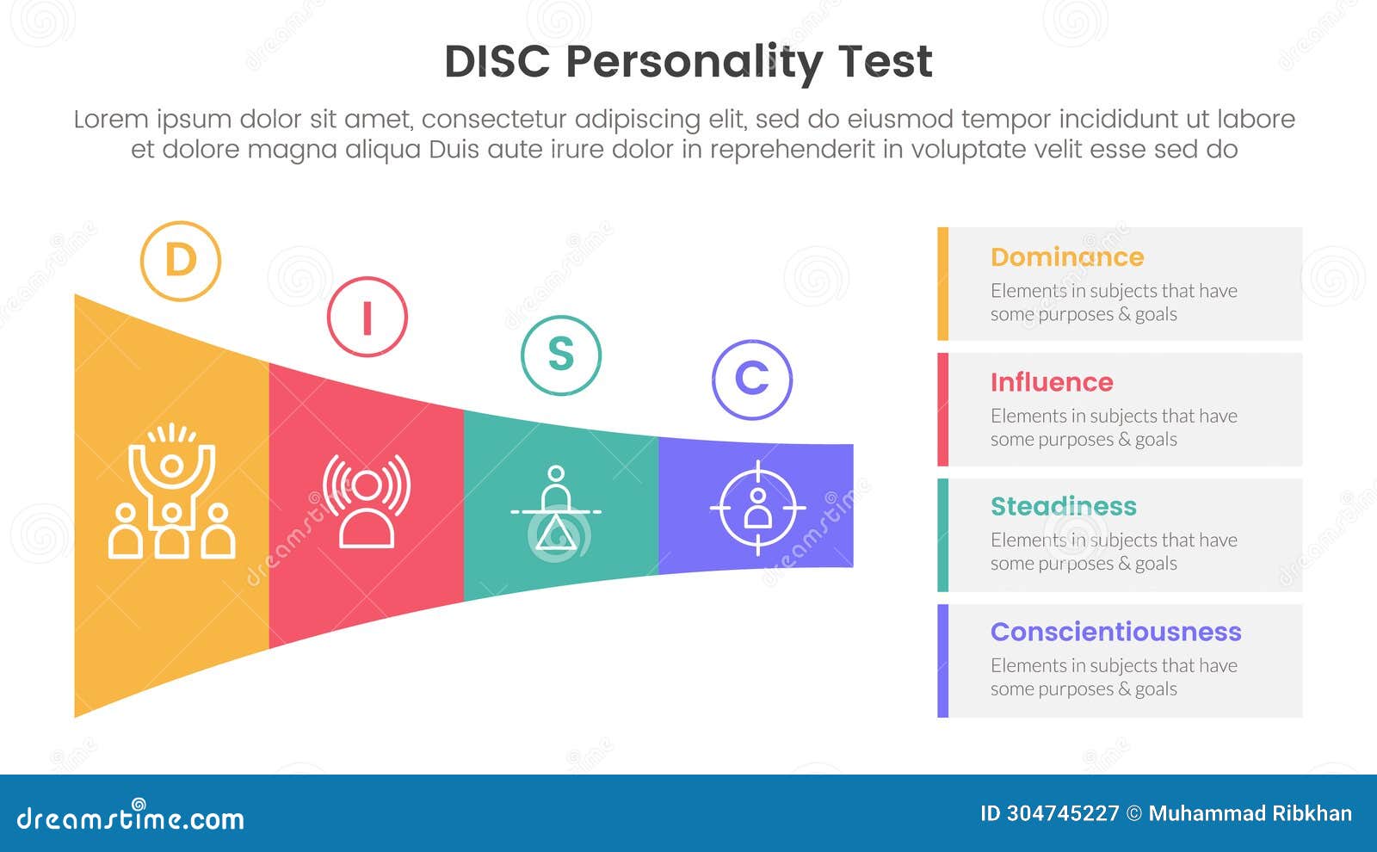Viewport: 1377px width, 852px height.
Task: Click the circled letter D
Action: pyautogui.click(x=181, y=261)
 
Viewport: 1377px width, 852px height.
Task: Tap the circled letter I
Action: pyautogui.click(x=367, y=317)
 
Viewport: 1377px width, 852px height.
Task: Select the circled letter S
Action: pyautogui.click(x=560, y=355)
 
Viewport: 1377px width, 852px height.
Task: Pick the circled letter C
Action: pyautogui.click(x=751, y=380)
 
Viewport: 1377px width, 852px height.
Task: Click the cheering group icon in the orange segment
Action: pyautogui.click(x=171, y=492)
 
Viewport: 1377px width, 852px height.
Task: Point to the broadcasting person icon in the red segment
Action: pyautogui.click(x=367, y=501)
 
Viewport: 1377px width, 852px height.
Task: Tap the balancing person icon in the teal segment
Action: pyautogui.click(x=556, y=509)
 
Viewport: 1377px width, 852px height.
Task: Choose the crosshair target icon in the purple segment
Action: pyautogui.click(x=757, y=509)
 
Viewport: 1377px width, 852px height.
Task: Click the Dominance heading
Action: pyautogui.click(x=1066, y=257)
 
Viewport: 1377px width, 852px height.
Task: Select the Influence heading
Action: pyautogui.click(x=1051, y=382)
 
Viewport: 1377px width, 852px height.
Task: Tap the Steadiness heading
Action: pyautogui.click(x=1063, y=507)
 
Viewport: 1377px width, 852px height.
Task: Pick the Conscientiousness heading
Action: pyautogui.click(x=1115, y=632)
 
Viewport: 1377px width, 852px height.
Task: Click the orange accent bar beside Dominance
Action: pyautogui.click(x=943, y=284)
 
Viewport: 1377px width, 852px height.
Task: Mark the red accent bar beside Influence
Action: pyautogui.click(x=943, y=410)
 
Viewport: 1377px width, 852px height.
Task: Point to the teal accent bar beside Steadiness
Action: pyautogui.click(x=943, y=535)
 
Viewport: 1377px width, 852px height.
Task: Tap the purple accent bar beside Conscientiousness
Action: pyautogui.click(x=943, y=661)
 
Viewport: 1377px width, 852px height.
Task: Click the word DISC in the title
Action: pyautogui.click(x=497, y=62)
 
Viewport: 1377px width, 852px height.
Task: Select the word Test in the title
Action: pyautogui.click(x=885, y=62)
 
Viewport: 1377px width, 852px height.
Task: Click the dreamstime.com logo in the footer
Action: pyautogui.click(x=131, y=818)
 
